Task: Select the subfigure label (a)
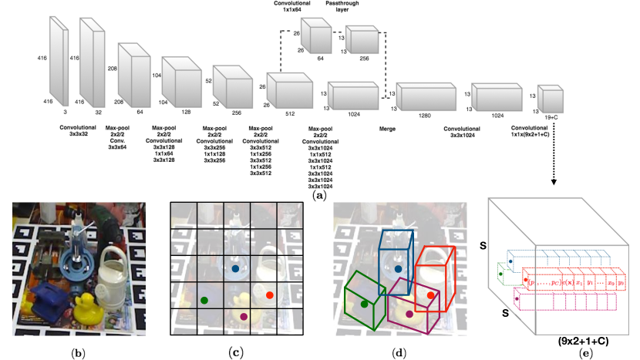(318, 197)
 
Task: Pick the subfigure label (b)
(78, 352)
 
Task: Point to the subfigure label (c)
(237, 352)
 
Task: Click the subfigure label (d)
(399, 352)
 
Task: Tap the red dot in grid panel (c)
(269, 295)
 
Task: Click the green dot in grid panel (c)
(204, 299)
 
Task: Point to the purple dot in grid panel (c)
(244, 316)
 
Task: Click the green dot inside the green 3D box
(364, 304)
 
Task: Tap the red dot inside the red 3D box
(430, 295)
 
